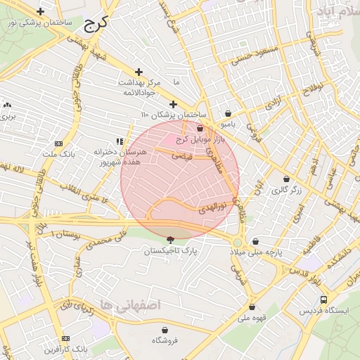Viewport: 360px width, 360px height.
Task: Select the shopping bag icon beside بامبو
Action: coord(228,114)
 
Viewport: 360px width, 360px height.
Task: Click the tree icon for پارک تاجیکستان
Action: coord(171,240)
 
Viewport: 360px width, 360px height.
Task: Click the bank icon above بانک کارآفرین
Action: coord(66,337)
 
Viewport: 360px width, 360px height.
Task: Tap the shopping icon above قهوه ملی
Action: coord(252,307)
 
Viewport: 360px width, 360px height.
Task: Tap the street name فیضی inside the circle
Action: coord(184,157)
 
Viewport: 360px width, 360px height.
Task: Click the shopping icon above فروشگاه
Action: coord(165,330)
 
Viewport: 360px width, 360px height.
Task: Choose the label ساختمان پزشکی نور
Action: coord(41,23)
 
